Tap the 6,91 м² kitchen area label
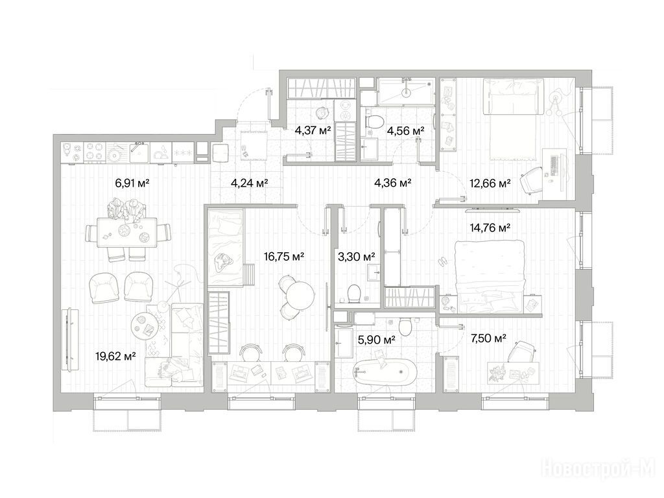pos(133,184)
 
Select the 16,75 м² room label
pos(284,256)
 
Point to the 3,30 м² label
pos(357,256)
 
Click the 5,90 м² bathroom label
pos(377,339)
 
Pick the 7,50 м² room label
pos(489,338)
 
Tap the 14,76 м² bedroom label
pos(490,228)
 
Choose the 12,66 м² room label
pos(490,184)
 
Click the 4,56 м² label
pos(405,131)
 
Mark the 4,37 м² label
pos(313,130)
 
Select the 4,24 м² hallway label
pos(250,184)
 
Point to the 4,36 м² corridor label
pos(393,184)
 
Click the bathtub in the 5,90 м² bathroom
pos(385,372)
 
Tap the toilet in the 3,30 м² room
pos(353,293)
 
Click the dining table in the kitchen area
pos(127,232)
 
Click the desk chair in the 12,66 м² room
pos(531,180)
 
